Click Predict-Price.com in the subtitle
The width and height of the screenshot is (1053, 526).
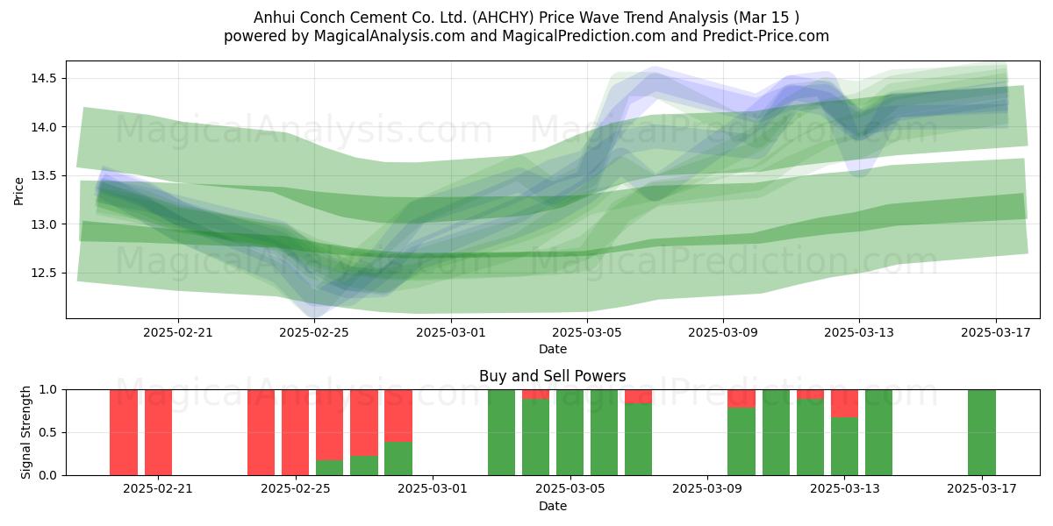pyautogui.click(x=766, y=36)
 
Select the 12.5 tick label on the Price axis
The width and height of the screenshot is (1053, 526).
pyautogui.click(x=44, y=273)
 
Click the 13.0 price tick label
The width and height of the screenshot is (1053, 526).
pyautogui.click(x=44, y=224)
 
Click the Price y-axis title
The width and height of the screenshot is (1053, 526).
pyautogui.click(x=18, y=191)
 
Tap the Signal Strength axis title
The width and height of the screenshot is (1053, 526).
pyautogui.click(x=25, y=432)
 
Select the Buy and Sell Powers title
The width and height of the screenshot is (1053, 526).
pyautogui.click(x=552, y=376)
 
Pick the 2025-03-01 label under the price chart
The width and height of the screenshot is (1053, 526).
pyautogui.click(x=451, y=332)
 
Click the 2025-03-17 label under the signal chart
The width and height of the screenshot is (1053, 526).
pyautogui.click(x=982, y=489)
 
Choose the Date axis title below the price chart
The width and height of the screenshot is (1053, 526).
pyautogui.click(x=552, y=349)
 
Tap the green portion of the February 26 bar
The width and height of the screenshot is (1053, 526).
pyautogui.click(x=330, y=468)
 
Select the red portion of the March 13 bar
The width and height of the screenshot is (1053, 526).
pyautogui.click(x=845, y=403)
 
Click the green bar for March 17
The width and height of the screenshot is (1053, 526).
pyautogui.click(x=982, y=432)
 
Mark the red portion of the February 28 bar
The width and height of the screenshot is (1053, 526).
pyautogui.click(x=398, y=416)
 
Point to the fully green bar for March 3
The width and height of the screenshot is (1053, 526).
pyautogui.click(x=502, y=432)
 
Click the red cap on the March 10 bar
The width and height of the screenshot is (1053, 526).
pyautogui.click(x=741, y=399)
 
